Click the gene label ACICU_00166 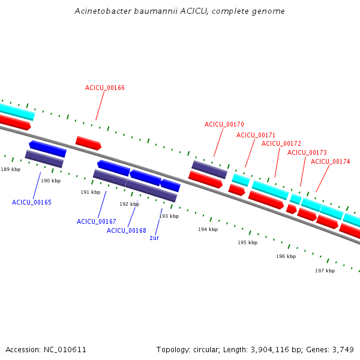(104, 88)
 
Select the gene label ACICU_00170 (224, 124)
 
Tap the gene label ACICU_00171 (256, 135)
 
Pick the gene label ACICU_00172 (281, 143)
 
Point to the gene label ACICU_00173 (307, 152)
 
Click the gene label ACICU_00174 (330, 161)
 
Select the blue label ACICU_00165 (32, 202)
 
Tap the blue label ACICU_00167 (97, 221)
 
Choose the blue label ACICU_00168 (127, 230)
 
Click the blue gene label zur (154, 238)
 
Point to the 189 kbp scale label (11, 169)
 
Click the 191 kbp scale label (91, 192)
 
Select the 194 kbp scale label (208, 229)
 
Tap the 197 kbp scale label (325, 271)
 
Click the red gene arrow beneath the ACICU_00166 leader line (88, 143)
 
